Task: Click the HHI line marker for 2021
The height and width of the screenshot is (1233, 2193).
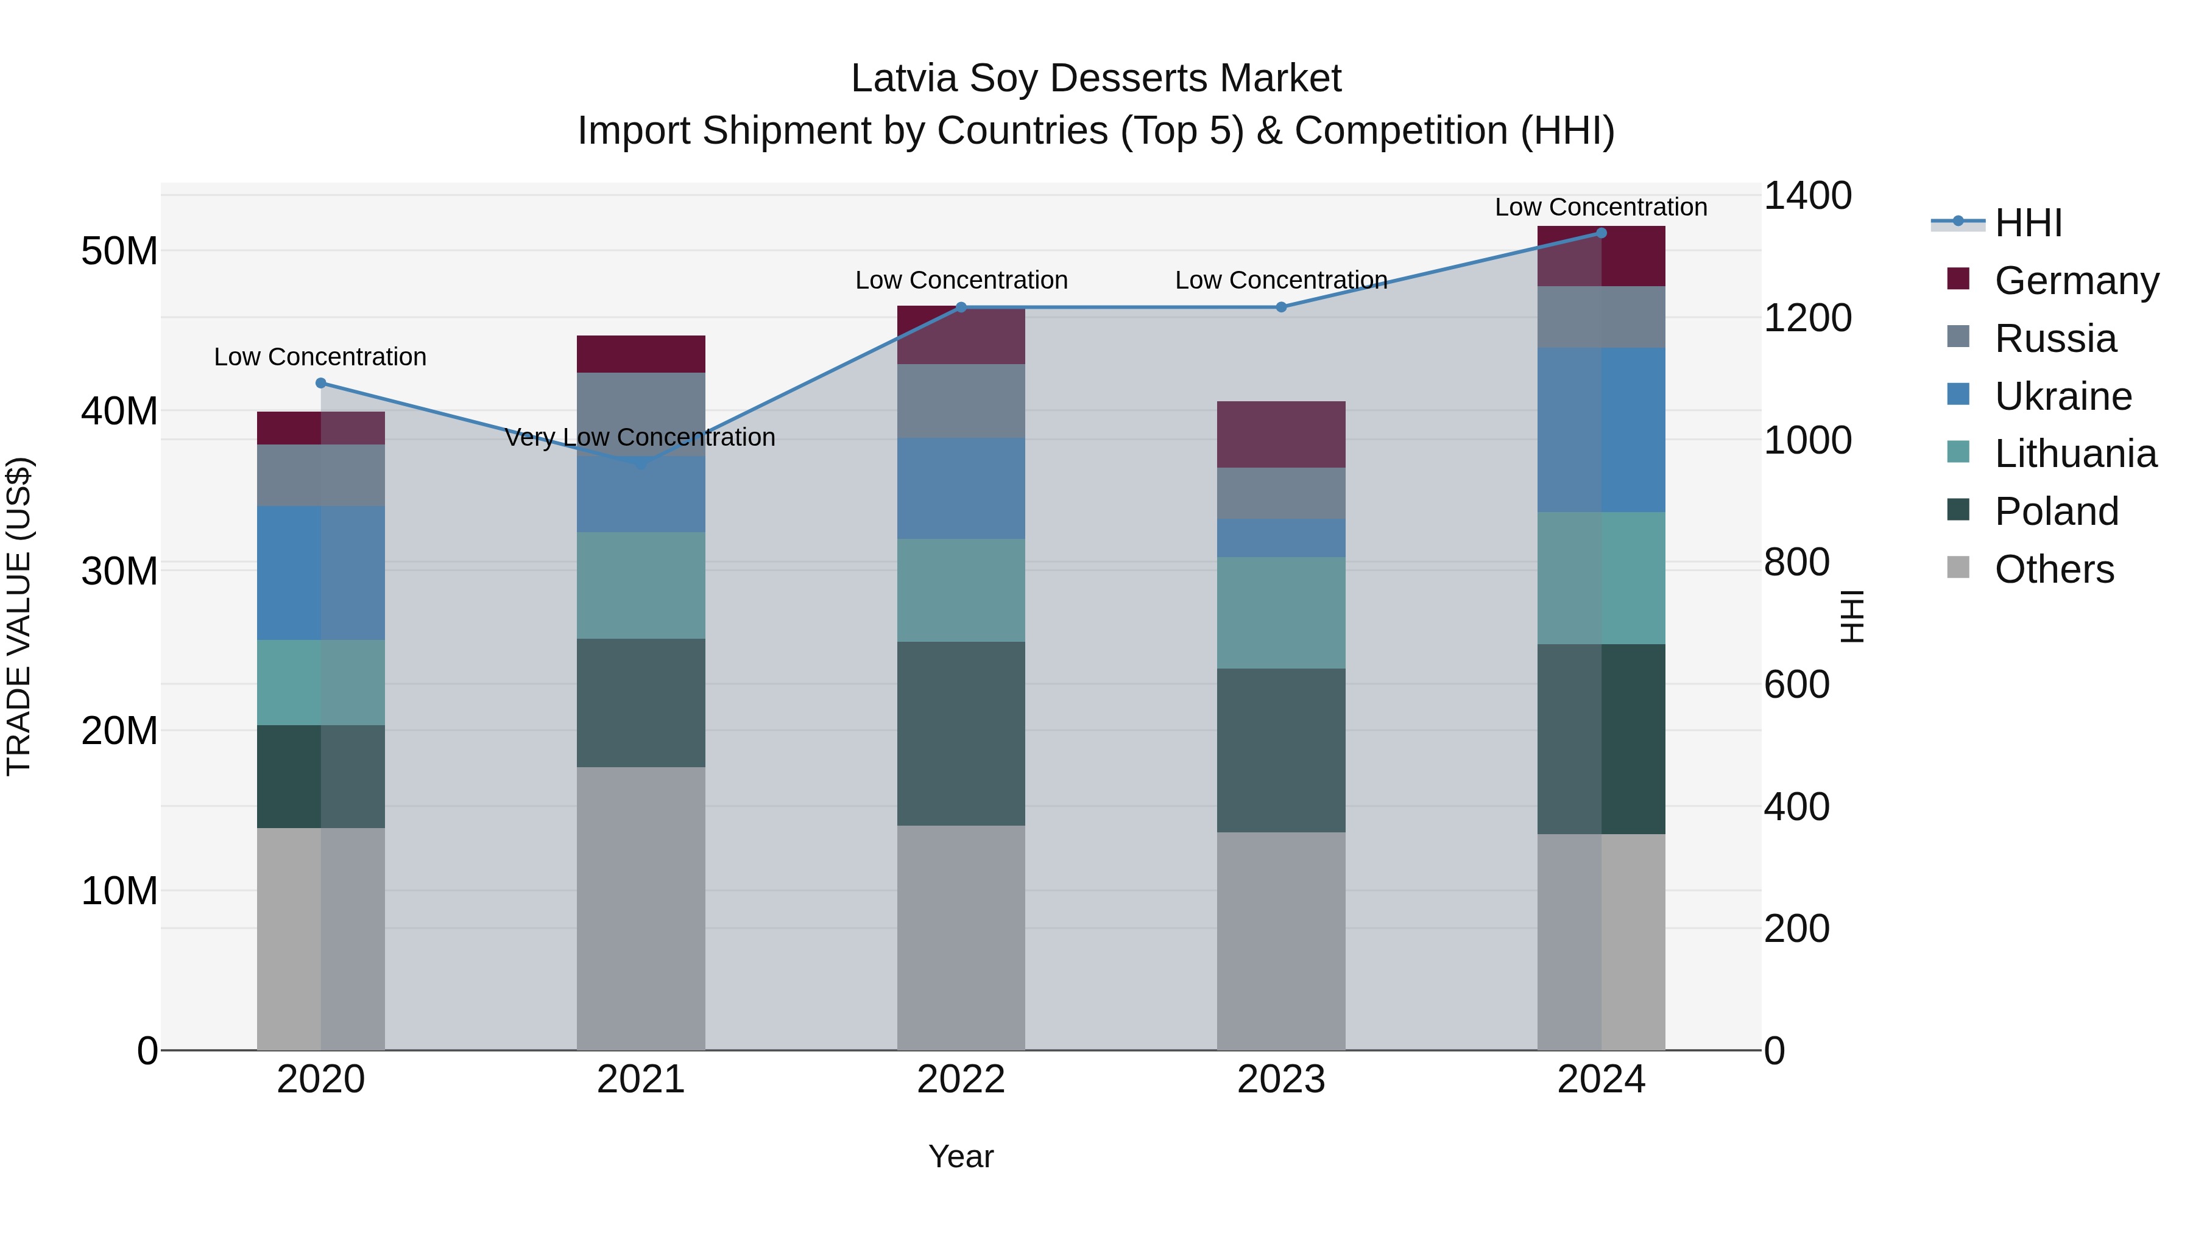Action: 641,465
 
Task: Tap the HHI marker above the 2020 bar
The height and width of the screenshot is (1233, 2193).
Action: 321,383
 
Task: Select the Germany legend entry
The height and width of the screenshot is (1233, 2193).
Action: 2075,281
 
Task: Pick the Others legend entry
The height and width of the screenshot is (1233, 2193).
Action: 2054,569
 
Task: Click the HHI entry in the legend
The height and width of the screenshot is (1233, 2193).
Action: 2028,223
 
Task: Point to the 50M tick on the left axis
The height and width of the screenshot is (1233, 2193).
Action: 119,251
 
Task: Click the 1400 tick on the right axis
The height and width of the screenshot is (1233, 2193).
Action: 1807,195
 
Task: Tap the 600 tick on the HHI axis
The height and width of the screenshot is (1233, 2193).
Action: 1796,684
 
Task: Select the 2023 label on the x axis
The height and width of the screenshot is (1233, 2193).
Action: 1280,1080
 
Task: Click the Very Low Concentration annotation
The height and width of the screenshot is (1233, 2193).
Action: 640,437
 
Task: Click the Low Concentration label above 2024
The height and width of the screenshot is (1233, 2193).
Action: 1600,207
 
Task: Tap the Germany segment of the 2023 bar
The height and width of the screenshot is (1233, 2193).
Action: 1280,434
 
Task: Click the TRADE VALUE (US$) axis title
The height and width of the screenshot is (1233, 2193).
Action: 19,616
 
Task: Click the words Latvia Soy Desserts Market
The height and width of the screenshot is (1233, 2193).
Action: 1096,79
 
